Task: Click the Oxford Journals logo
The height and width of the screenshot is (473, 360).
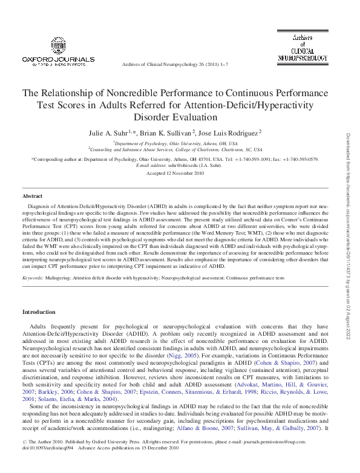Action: point(58,53)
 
